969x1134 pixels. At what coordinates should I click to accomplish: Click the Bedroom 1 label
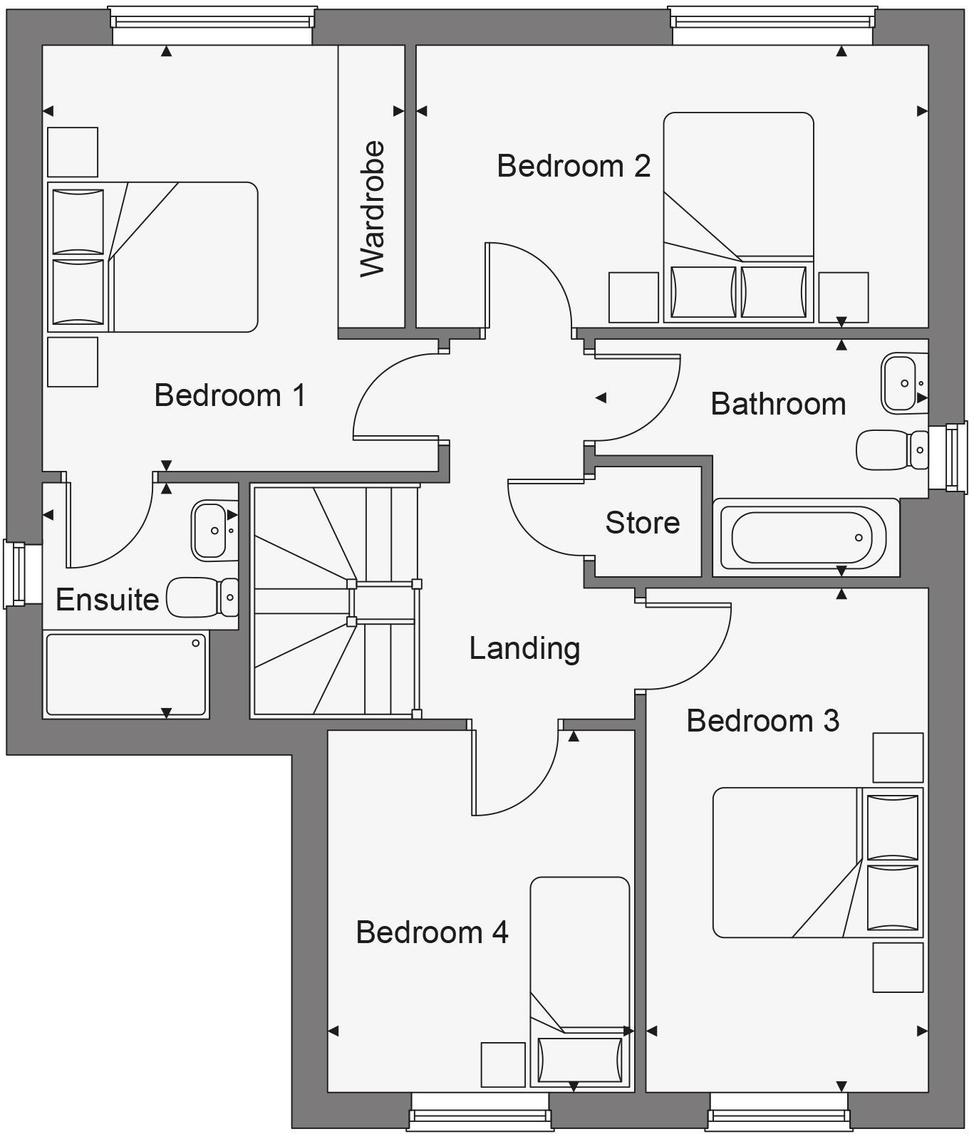click(229, 395)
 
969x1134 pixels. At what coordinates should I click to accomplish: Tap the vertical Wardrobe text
click(373, 209)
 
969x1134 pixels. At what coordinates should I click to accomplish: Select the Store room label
click(642, 523)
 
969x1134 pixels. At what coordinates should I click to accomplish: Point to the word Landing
click(524, 648)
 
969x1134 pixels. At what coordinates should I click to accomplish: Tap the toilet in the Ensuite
click(202, 597)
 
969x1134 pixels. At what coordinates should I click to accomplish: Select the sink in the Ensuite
click(211, 531)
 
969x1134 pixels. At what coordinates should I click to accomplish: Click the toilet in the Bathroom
click(891, 449)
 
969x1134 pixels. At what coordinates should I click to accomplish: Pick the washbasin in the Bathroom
click(903, 383)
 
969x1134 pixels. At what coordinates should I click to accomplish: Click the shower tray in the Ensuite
click(126, 675)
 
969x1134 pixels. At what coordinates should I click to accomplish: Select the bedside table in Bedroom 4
click(503, 1064)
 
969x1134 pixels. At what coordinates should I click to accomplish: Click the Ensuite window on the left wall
click(15, 574)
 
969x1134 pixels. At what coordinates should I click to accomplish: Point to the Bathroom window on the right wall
click(955, 457)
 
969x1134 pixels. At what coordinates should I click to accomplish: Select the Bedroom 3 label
click(762, 721)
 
